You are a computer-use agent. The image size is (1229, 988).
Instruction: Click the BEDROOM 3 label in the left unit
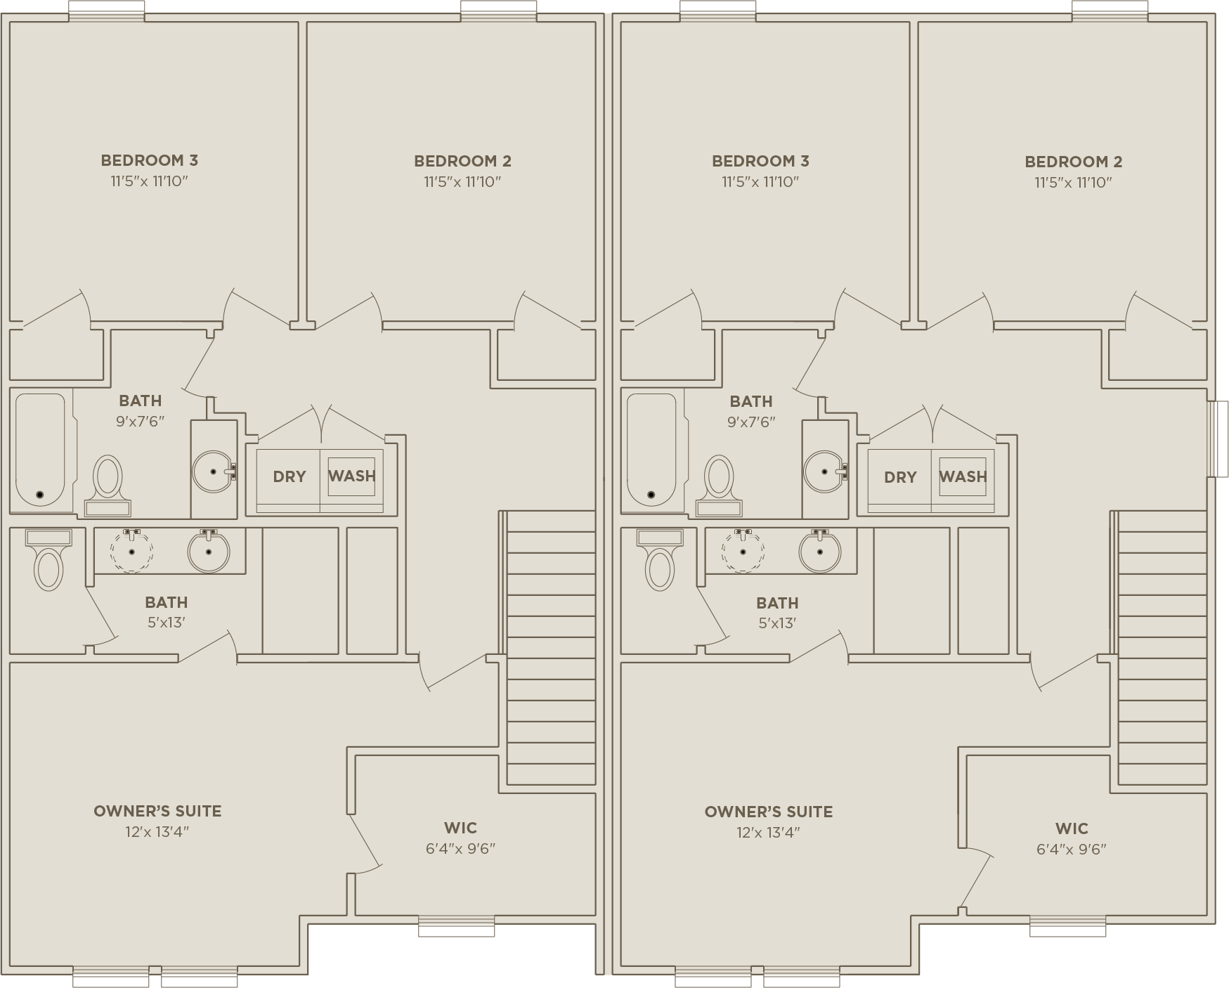pyautogui.click(x=149, y=160)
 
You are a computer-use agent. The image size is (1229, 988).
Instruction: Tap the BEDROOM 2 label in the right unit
pyautogui.click(x=1073, y=162)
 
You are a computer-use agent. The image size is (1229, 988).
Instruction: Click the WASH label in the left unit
pyautogui.click(x=351, y=476)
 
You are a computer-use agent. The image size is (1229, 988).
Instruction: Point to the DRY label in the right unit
pyautogui.click(x=900, y=477)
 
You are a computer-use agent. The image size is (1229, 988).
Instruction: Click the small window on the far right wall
pyautogui.click(x=1218, y=439)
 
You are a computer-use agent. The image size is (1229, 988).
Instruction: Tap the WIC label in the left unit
pyautogui.click(x=460, y=828)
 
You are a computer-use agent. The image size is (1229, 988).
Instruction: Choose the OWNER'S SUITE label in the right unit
pyautogui.click(x=769, y=812)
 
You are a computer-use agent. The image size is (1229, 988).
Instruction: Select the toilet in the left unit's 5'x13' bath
pyautogui.click(x=48, y=560)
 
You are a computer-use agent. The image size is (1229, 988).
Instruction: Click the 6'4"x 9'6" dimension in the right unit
pyautogui.click(x=1072, y=849)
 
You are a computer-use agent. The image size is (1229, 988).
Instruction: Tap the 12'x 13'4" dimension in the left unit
pyautogui.click(x=157, y=832)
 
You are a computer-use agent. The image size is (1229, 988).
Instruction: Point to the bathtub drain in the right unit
pyautogui.click(x=651, y=495)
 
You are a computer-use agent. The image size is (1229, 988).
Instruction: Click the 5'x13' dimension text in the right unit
pyautogui.click(x=777, y=623)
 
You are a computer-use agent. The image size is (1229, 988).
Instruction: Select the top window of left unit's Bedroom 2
pyautogui.click(x=498, y=11)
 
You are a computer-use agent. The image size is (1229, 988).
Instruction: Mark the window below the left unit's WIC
pyautogui.click(x=456, y=926)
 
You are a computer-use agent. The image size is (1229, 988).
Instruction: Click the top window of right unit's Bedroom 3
pyautogui.click(x=718, y=11)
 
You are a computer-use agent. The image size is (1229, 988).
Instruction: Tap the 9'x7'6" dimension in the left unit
pyautogui.click(x=141, y=422)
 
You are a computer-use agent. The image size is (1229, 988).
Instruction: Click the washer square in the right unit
pyautogui.click(x=963, y=477)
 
